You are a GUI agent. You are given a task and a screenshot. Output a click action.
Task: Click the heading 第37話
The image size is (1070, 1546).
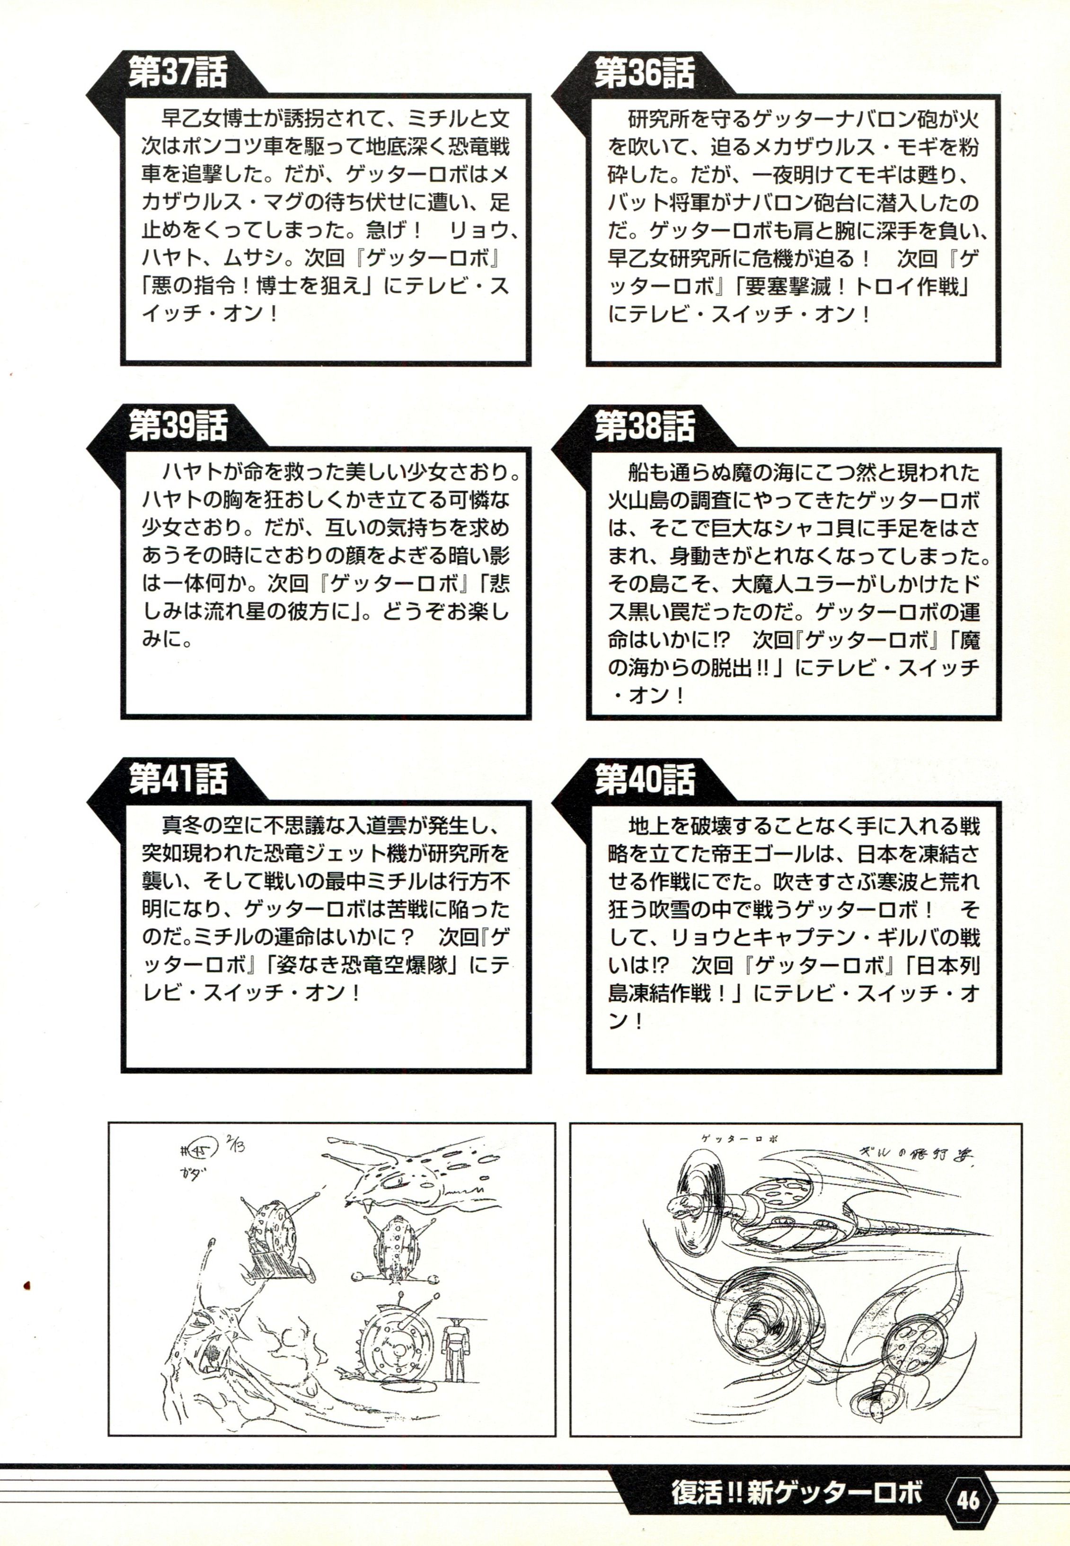coord(177,73)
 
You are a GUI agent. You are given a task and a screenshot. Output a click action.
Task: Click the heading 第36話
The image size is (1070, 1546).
coord(643,73)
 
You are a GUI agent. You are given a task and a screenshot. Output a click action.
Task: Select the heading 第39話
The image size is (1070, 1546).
coord(177,427)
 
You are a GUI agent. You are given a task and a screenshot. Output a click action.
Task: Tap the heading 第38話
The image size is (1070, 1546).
coord(643,427)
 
